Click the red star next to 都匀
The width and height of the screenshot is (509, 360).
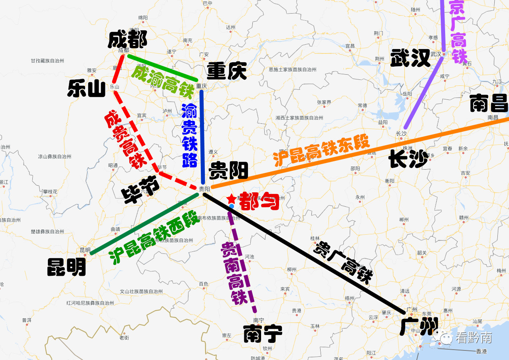[231, 198]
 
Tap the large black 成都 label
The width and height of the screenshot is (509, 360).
[127, 40]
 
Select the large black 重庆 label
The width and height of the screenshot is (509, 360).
[226, 72]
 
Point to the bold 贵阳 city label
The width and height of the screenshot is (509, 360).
[229, 170]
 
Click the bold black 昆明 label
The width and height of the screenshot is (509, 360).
[66, 267]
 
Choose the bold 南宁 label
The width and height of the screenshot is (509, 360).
[263, 333]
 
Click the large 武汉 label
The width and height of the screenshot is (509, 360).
[410, 58]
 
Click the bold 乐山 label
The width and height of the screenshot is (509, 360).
[86, 88]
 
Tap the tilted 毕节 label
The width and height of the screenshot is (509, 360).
[141, 190]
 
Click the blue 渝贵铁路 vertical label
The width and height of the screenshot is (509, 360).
[189, 135]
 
